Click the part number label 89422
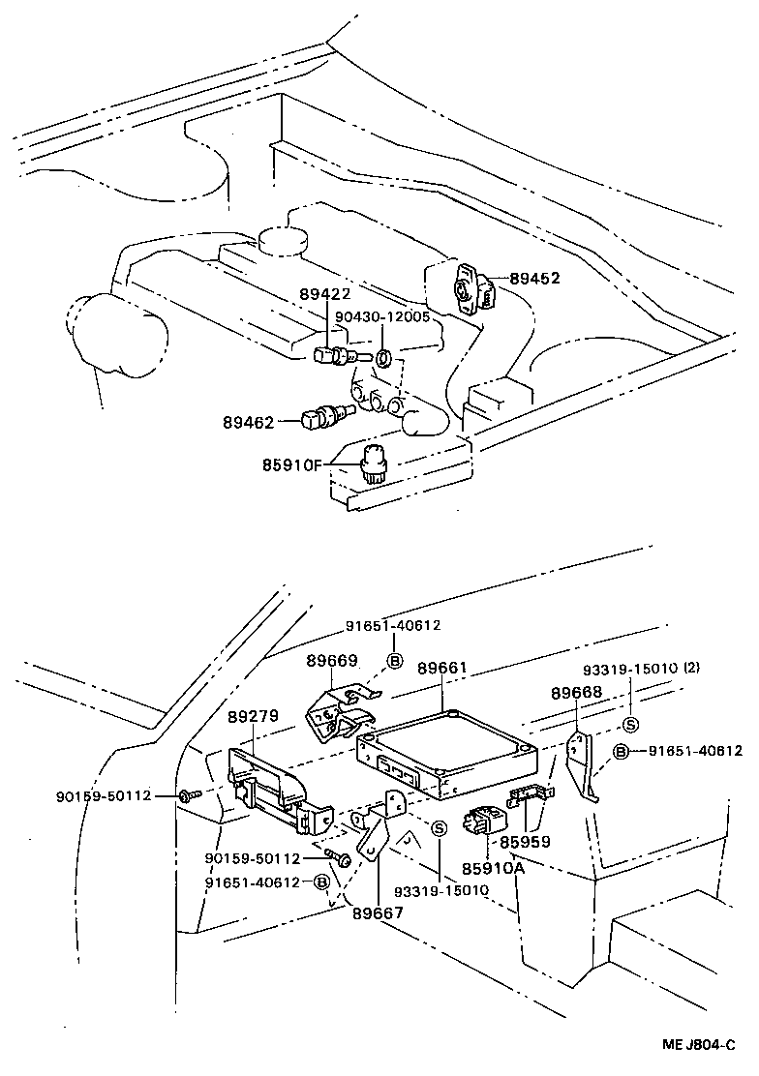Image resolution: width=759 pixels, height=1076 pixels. (x=324, y=295)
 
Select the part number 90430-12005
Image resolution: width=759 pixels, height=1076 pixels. (x=382, y=316)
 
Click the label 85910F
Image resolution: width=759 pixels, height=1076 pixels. (x=290, y=465)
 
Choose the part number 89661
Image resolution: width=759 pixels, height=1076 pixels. (x=442, y=669)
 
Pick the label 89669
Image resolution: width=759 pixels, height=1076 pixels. (x=332, y=661)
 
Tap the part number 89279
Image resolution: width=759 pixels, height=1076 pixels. (x=254, y=717)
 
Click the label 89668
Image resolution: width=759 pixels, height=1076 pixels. (x=576, y=693)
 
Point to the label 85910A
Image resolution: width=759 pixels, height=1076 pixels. (x=493, y=868)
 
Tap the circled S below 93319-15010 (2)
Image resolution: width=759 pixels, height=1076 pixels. (x=630, y=725)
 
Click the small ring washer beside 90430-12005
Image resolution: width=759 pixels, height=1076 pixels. (x=383, y=359)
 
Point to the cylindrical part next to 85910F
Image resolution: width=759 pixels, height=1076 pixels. (x=375, y=465)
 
